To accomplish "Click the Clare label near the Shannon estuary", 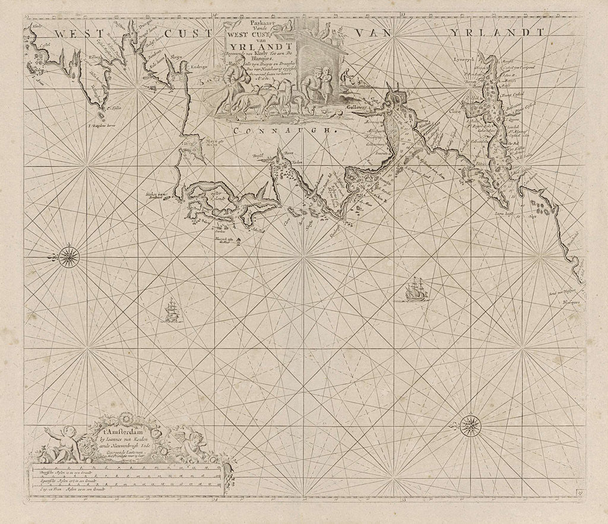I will point(455,110).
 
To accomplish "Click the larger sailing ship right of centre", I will point(414,290).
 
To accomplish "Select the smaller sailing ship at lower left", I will point(172,310).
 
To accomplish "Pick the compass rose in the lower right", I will point(470,424).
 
